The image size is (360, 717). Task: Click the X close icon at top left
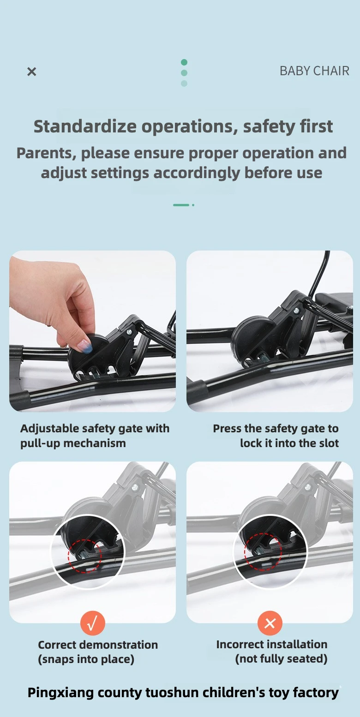(x=32, y=72)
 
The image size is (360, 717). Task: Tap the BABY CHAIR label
(x=314, y=71)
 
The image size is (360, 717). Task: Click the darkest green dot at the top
(x=184, y=62)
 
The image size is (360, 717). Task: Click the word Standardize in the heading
(x=86, y=126)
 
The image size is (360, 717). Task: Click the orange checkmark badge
(x=93, y=623)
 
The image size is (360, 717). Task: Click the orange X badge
(x=270, y=623)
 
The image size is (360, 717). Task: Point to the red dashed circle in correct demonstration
(x=84, y=539)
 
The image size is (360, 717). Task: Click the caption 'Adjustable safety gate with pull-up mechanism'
(x=95, y=436)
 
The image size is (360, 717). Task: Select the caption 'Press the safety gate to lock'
(x=276, y=436)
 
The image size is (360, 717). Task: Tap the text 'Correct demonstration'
(x=98, y=645)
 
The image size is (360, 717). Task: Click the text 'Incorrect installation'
(x=272, y=644)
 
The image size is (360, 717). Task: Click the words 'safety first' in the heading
(x=288, y=126)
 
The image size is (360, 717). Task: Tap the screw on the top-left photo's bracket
(x=129, y=333)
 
